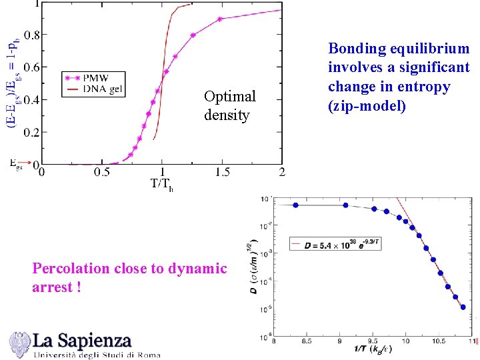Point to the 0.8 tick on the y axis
(x=31, y=34)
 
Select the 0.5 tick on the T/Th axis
(x=102, y=172)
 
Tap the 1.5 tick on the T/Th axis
(x=222, y=172)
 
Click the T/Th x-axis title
(x=162, y=184)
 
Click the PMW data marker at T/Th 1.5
(x=221, y=19)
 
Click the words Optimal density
(x=229, y=105)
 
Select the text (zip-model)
(x=366, y=105)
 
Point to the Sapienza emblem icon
(x=19, y=343)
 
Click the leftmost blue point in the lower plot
(x=296, y=205)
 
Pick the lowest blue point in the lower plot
(x=463, y=307)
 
